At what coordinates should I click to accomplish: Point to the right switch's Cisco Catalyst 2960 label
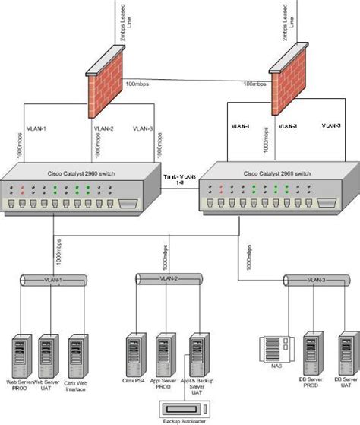[273, 174]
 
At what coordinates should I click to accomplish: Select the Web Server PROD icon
[21, 354]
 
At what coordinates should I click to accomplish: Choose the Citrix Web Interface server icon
[76, 354]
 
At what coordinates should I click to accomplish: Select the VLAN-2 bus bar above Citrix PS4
[167, 281]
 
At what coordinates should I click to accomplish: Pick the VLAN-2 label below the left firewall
[105, 128]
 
